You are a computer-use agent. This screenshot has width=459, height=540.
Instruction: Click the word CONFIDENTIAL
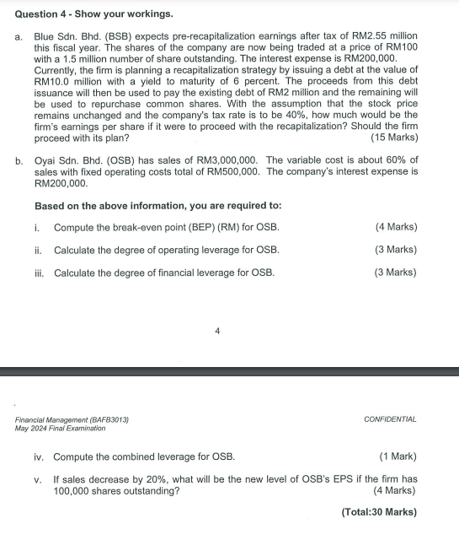click(x=390, y=419)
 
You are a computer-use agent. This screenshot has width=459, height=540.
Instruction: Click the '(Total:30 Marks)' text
click(x=378, y=512)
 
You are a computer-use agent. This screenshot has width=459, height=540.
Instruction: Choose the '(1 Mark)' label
click(x=398, y=457)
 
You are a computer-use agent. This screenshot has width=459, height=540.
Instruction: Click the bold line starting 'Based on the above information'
click(x=157, y=206)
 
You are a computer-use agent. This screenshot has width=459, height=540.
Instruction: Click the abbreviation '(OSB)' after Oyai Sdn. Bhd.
click(x=109, y=160)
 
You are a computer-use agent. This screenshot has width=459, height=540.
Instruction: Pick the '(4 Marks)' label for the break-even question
click(x=396, y=228)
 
